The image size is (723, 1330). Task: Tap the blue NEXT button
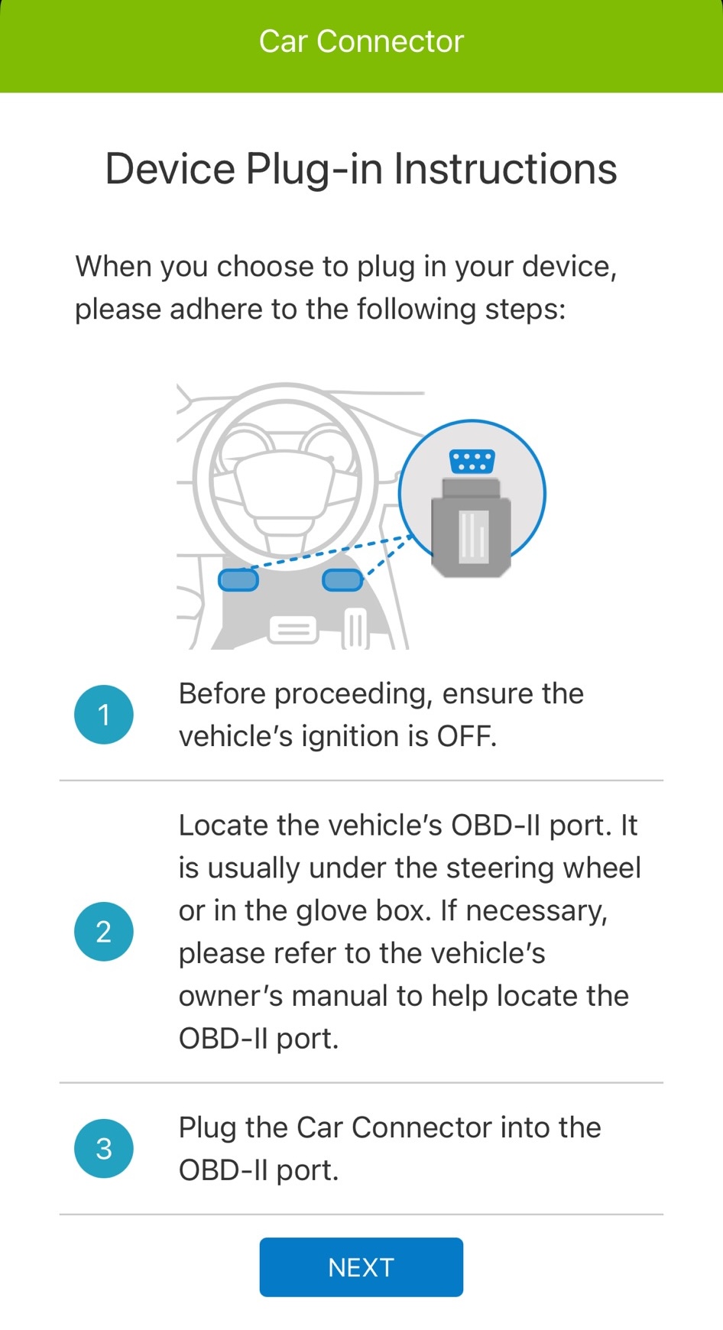click(x=361, y=1267)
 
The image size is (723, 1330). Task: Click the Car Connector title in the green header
click(x=361, y=41)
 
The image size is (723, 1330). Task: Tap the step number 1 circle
click(x=104, y=715)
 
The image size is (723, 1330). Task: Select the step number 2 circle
click(x=104, y=932)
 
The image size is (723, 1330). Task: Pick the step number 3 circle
click(x=104, y=1148)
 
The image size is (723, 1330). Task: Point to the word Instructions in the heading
click(x=505, y=169)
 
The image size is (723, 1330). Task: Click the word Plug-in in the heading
click(x=314, y=170)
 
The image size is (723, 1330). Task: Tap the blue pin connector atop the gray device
click(x=472, y=462)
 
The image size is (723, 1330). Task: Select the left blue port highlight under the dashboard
click(x=238, y=580)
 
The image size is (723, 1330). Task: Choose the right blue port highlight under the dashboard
click(x=342, y=580)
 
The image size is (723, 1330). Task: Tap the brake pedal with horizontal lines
click(x=293, y=629)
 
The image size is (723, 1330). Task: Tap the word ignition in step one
click(x=350, y=737)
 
